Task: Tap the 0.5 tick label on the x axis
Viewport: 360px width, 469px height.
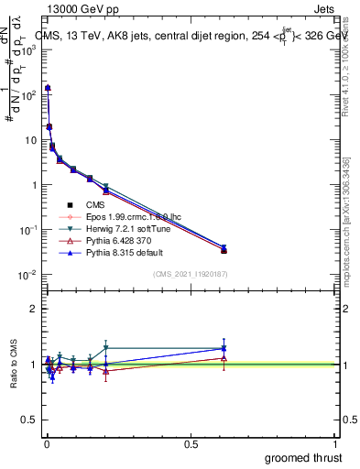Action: (191, 443)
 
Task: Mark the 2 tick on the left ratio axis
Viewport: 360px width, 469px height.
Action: (34, 309)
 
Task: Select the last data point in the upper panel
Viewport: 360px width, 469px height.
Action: (224, 250)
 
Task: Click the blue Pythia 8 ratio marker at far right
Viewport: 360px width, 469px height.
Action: (224, 348)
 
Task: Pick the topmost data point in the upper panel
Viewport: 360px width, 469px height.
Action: (48, 88)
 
